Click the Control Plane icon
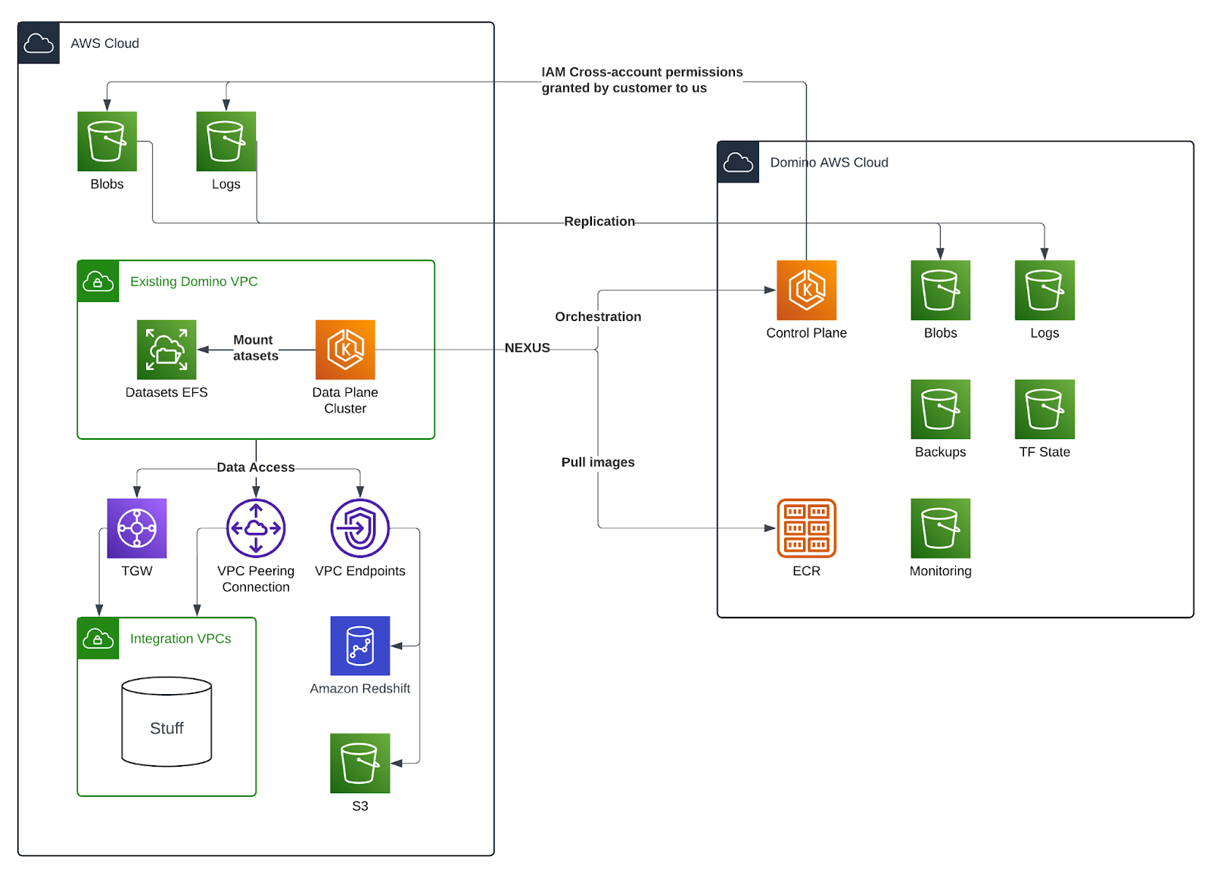[x=806, y=290]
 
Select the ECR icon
[x=806, y=528]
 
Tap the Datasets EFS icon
[x=167, y=349]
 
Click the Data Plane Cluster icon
[x=345, y=349]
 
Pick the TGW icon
[x=137, y=528]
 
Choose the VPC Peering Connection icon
[x=256, y=528]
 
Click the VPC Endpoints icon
[x=360, y=528]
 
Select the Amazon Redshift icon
[x=360, y=646]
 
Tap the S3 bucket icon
[x=360, y=763]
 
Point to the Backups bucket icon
[x=940, y=409]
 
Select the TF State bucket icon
[x=1044, y=409]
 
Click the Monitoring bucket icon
[x=940, y=528]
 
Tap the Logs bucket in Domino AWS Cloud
[x=1044, y=290]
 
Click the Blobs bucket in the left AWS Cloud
[x=107, y=142]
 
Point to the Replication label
[x=599, y=221]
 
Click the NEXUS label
[x=528, y=348]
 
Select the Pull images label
[x=598, y=462]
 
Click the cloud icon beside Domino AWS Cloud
[x=738, y=162]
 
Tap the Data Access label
[x=256, y=468]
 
